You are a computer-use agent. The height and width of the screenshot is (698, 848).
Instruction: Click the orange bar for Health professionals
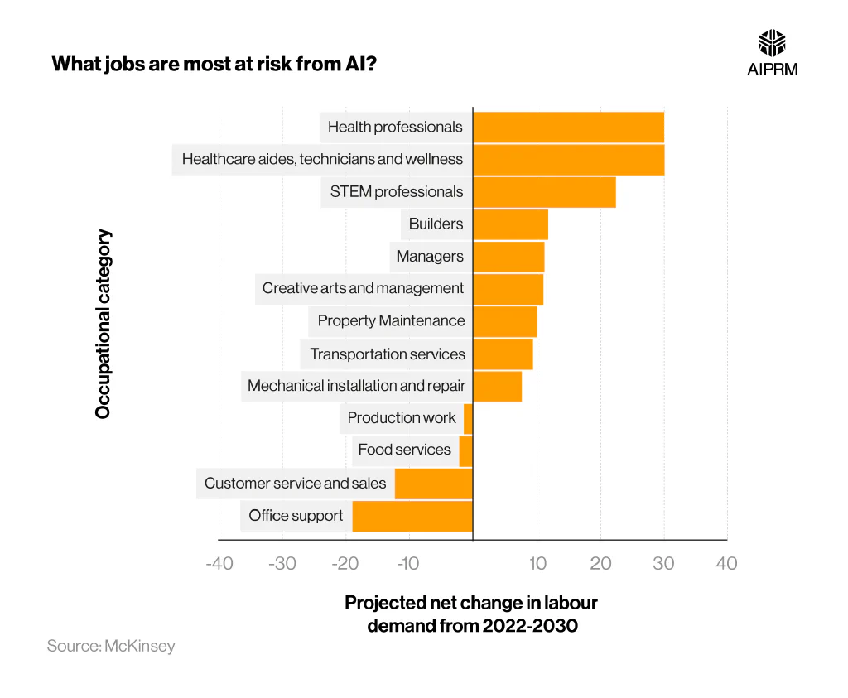point(568,127)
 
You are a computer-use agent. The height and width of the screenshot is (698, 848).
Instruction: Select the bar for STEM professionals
point(544,191)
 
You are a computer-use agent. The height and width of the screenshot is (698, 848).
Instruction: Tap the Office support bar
point(412,516)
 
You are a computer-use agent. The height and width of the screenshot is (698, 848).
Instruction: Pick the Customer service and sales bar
point(433,484)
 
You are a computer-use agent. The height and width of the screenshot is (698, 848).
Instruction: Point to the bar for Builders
point(510,224)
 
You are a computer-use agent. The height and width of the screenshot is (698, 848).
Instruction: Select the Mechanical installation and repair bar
point(497,386)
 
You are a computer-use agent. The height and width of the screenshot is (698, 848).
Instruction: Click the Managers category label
point(430,257)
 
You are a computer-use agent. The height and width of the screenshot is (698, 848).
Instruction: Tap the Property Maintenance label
point(391,321)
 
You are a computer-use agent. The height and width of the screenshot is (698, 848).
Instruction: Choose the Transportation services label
point(388,354)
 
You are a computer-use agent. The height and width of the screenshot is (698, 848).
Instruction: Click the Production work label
point(402,418)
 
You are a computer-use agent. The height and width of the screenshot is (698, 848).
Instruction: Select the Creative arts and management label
point(363,289)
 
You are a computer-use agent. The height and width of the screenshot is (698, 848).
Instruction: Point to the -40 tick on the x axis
point(219,564)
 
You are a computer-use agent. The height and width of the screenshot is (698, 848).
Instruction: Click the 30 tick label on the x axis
point(663,564)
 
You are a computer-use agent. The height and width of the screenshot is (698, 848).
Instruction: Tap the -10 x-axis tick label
point(408,564)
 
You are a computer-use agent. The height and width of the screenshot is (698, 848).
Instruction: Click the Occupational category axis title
point(103,324)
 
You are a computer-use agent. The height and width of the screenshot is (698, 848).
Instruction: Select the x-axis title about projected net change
point(471,614)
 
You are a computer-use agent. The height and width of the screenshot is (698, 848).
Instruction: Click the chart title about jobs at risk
point(215,64)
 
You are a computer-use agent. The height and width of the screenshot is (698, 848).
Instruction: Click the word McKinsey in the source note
point(140,646)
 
